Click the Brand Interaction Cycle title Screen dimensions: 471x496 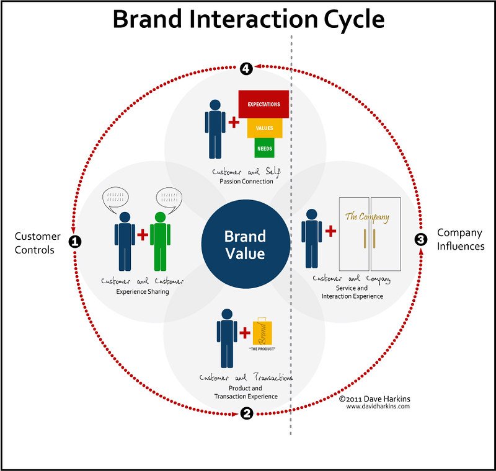(249, 19)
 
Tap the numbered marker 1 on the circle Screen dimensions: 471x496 (74, 241)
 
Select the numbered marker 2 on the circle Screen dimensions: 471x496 (247, 414)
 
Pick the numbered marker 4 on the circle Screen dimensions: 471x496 (247, 68)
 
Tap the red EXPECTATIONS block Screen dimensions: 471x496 (264, 104)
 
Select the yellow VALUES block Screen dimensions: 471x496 (264, 127)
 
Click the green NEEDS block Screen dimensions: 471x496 (264, 148)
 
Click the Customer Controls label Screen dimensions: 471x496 (38, 243)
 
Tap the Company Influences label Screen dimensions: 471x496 (459, 239)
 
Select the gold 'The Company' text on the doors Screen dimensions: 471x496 (367, 217)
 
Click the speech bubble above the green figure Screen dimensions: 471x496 (172, 199)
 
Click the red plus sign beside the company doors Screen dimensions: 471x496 (330, 231)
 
